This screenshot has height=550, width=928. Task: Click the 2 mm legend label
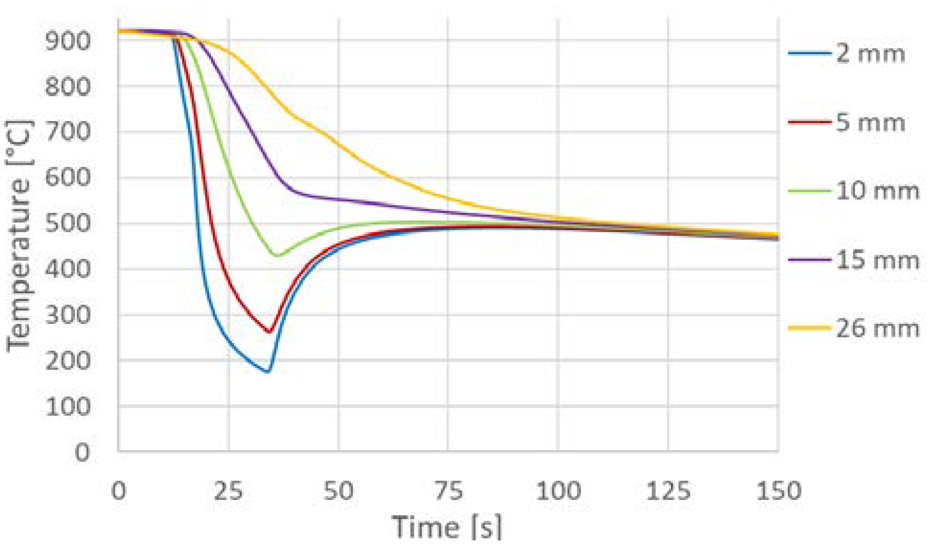point(870,53)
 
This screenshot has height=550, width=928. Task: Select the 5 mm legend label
point(870,123)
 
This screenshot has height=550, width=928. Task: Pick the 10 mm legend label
point(877,191)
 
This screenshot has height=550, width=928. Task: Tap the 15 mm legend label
point(877,260)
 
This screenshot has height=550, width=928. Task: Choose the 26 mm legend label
point(877,329)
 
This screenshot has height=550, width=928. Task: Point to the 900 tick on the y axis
point(68,41)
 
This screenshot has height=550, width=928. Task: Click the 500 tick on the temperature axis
point(68,224)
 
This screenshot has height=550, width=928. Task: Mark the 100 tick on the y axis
point(68,407)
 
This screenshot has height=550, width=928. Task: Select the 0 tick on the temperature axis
point(82,452)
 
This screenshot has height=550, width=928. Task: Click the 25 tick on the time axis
point(229,492)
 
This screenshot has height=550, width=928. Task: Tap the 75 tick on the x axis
point(448,492)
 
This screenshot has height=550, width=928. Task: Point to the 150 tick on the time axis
point(778,492)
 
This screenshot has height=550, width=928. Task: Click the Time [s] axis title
point(447,527)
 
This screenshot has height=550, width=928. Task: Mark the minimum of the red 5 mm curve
point(269,332)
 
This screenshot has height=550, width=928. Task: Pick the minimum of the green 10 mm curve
point(277,255)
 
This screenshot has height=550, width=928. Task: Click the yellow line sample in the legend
point(809,328)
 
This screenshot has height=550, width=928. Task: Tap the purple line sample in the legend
point(809,260)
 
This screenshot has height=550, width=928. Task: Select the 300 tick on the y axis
point(68,315)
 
